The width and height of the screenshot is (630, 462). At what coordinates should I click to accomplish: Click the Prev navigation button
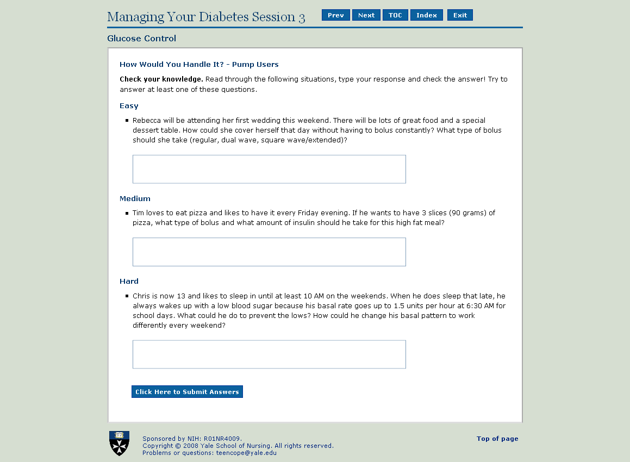tap(336, 15)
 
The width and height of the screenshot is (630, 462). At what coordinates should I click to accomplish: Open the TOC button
tap(395, 15)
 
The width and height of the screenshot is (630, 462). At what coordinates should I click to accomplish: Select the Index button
tap(427, 15)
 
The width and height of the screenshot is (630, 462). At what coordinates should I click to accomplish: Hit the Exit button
tap(460, 15)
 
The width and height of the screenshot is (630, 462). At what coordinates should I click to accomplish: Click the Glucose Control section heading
tap(142, 39)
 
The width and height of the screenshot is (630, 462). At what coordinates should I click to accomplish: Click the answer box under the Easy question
tap(269, 169)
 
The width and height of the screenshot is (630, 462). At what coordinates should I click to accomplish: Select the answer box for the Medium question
tap(269, 252)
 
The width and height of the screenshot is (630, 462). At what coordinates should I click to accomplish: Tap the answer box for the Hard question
tap(269, 354)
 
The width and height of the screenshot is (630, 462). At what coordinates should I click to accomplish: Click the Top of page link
tap(497, 439)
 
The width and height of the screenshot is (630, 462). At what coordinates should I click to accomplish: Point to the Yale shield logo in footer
tap(120, 443)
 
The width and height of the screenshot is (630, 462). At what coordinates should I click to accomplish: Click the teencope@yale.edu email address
tap(246, 453)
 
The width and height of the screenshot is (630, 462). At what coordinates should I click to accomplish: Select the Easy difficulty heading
tap(129, 106)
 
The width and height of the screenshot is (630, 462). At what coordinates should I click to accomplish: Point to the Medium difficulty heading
tap(135, 199)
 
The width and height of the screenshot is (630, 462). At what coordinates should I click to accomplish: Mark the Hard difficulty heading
tap(129, 282)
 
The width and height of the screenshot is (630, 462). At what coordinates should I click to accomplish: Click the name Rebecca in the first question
tap(146, 121)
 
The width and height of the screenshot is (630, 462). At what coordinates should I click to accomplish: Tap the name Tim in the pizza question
tap(139, 213)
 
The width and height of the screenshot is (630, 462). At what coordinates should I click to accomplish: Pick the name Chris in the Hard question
tap(141, 296)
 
